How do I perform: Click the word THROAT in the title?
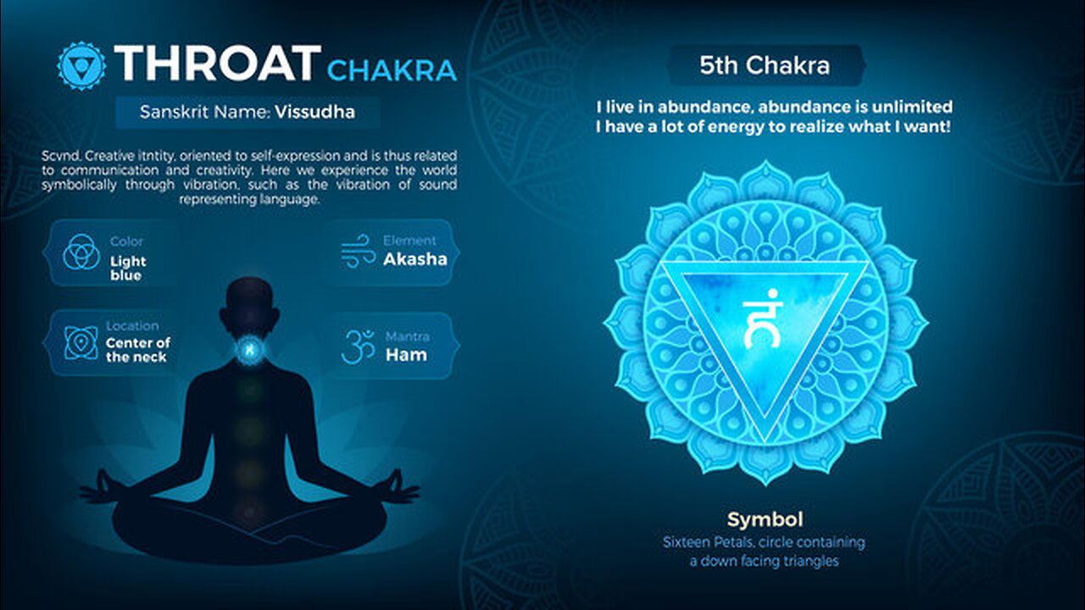point(218,64)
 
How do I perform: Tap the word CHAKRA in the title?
point(392,70)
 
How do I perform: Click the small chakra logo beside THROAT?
point(81,65)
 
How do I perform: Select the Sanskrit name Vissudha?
point(314,113)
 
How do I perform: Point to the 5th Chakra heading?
point(765,65)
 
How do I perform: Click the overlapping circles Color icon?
point(81,252)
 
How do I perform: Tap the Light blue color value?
point(128,269)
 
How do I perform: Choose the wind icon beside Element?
point(358,251)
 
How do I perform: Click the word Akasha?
point(415,259)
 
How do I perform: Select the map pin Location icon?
point(81,343)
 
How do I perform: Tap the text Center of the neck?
point(138,350)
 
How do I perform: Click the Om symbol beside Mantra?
point(359,347)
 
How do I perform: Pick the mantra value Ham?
point(406,355)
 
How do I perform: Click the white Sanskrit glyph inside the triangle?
point(762,319)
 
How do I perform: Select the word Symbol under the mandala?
point(765,519)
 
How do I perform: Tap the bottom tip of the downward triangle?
point(765,441)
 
